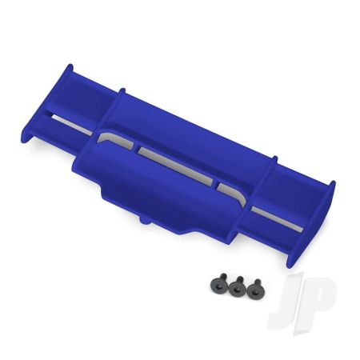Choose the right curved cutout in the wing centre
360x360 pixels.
(229, 188)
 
